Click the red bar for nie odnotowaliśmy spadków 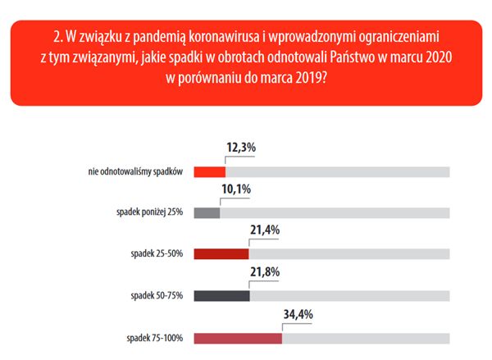tap(209, 171)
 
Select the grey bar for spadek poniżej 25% tap(207, 212)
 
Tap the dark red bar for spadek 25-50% tap(221, 254)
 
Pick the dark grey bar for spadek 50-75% tap(221, 295)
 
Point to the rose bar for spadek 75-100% tap(238, 337)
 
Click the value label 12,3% tap(241, 148)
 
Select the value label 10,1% tap(235, 189)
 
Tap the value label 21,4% tap(264, 230)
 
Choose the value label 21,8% tap(265, 272)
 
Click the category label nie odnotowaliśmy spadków tap(134, 171)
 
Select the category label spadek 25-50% tap(157, 254)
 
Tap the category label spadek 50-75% tap(157, 295)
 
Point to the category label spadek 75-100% tap(155, 337)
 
